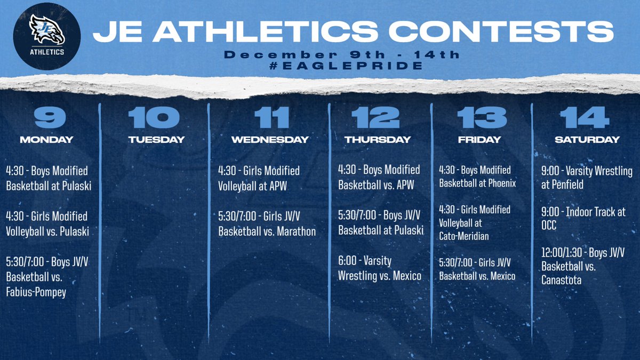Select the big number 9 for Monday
tap(46, 117)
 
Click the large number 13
tap(481, 117)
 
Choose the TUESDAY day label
tap(156, 140)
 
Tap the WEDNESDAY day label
tap(270, 140)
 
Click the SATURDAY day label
tap(587, 140)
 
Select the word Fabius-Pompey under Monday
tap(36, 292)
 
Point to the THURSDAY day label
tap(377, 140)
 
